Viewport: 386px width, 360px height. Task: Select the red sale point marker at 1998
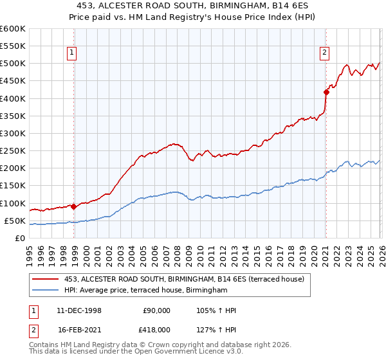coord(74,206)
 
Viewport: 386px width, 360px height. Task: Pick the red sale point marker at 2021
coord(326,92)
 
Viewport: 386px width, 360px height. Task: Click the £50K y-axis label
coord(15,221)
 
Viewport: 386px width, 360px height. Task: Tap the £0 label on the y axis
coord(20,238)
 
